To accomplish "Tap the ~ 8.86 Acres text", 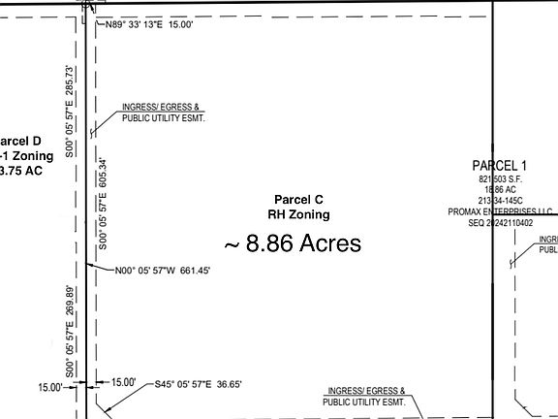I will [x=293, y=242].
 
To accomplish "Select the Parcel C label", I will [x=297, y=198].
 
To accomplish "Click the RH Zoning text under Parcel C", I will [x=298, y=214].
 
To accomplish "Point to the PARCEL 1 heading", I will [x=500, y=165].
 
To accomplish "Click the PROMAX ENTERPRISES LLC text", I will [x=501, y=211].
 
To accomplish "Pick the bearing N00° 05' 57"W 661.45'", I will [x=162, y=271].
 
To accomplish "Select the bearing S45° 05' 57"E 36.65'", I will [x=199, y=384].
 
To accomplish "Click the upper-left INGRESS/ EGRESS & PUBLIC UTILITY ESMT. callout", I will [x=163, y=113].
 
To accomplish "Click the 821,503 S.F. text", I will [x=500, y=180].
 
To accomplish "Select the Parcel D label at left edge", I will [x=21, y=141].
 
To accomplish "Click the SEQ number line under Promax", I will [x=501, y=222].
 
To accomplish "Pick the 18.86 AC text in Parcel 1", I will [x=500, y=191].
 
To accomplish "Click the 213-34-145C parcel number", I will [x=500, y=202].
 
